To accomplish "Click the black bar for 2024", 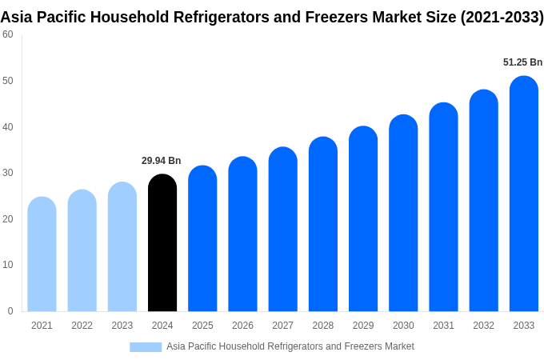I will click(x=162, y=243).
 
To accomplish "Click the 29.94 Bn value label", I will click(x=162, y=161).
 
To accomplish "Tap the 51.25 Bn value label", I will click(x=522, y=62).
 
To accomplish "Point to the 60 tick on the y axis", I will click(x=8, y=34).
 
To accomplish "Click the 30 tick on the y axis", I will click(x=8, y=173).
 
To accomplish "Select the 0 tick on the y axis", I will click(x=10, y=311).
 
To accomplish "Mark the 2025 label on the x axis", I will click(x=202, y=326).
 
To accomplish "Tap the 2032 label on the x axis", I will click(x=483, y=326).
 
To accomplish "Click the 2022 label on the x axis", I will click(x=82, y=326).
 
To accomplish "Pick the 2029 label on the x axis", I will click(x=363, y=326).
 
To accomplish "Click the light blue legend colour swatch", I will click(x=146, y=347).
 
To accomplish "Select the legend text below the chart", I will click(x=290, y=346).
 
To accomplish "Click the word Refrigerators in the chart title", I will click(x=228, y=17).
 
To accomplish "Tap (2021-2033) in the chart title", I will click(x=502, y=17).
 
